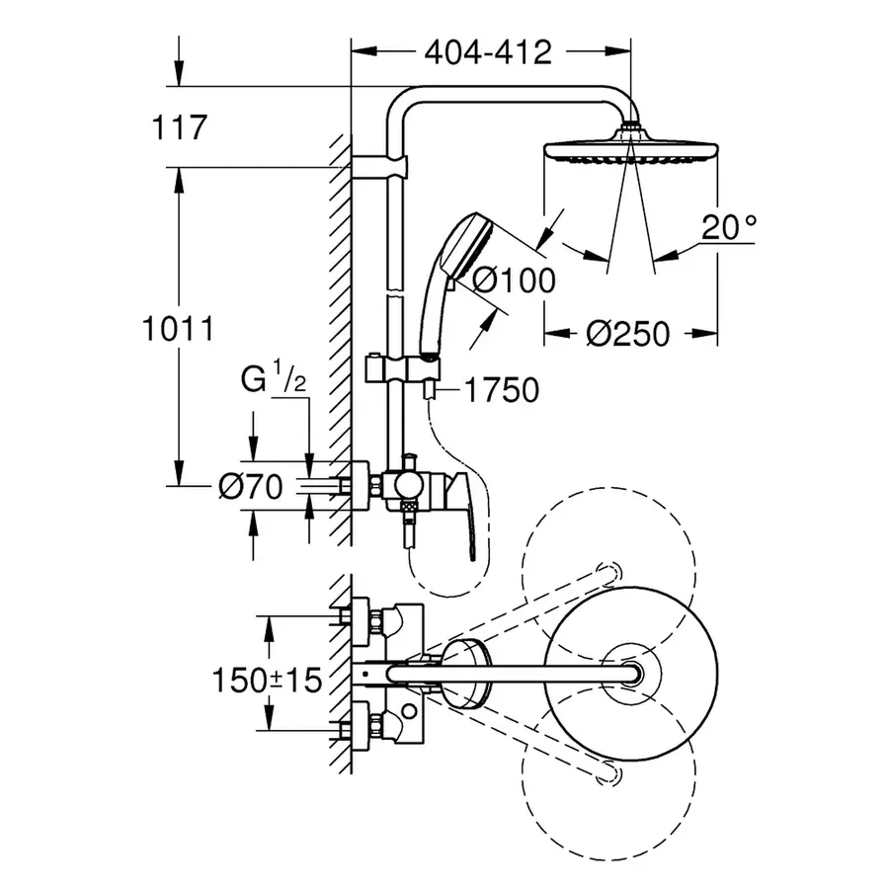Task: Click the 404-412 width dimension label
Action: pyautogui.click(x=488, y=52)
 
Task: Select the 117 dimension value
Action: pyautogui.click(x=180, y=127)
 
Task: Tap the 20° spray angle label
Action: pyautogui.click(x=728, y=228)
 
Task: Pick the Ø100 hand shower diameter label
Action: pyautogui.click(x=514, y=281)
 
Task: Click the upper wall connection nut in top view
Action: pyautogui.click(x=376, y=619)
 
